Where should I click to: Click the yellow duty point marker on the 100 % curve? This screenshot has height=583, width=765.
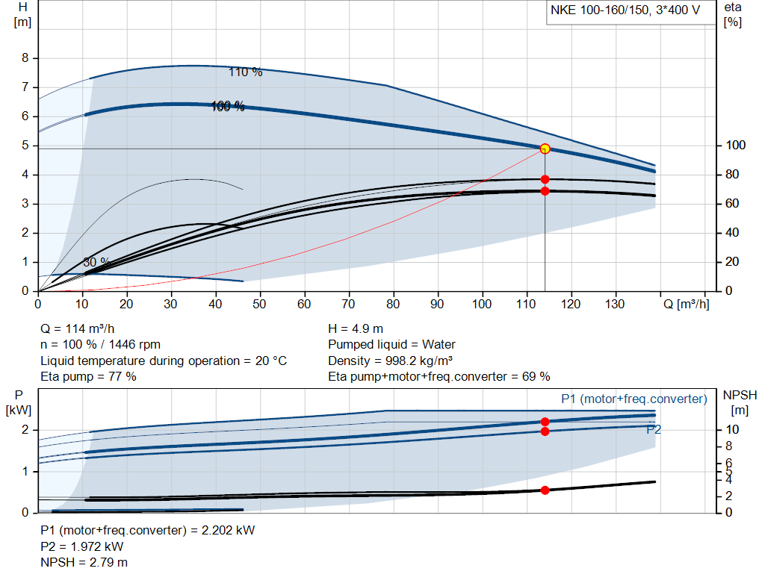545,149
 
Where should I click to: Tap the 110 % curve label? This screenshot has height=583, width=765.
245,72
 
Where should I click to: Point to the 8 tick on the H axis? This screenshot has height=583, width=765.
25,58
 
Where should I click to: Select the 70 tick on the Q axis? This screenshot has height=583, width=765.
349,305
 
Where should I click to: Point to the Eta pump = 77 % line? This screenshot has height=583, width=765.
88,376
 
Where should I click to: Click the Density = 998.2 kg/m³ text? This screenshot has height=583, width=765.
390,361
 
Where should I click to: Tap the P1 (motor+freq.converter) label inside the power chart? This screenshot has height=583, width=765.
634,399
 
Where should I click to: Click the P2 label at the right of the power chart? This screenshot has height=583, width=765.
654,429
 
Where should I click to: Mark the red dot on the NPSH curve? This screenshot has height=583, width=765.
545,490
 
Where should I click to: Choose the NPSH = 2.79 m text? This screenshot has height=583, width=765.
84,562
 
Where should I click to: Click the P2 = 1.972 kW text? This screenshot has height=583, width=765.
83,546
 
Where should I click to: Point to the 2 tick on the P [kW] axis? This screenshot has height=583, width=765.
25,430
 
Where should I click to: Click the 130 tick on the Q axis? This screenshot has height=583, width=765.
616,305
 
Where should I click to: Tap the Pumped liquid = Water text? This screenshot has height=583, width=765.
391,345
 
